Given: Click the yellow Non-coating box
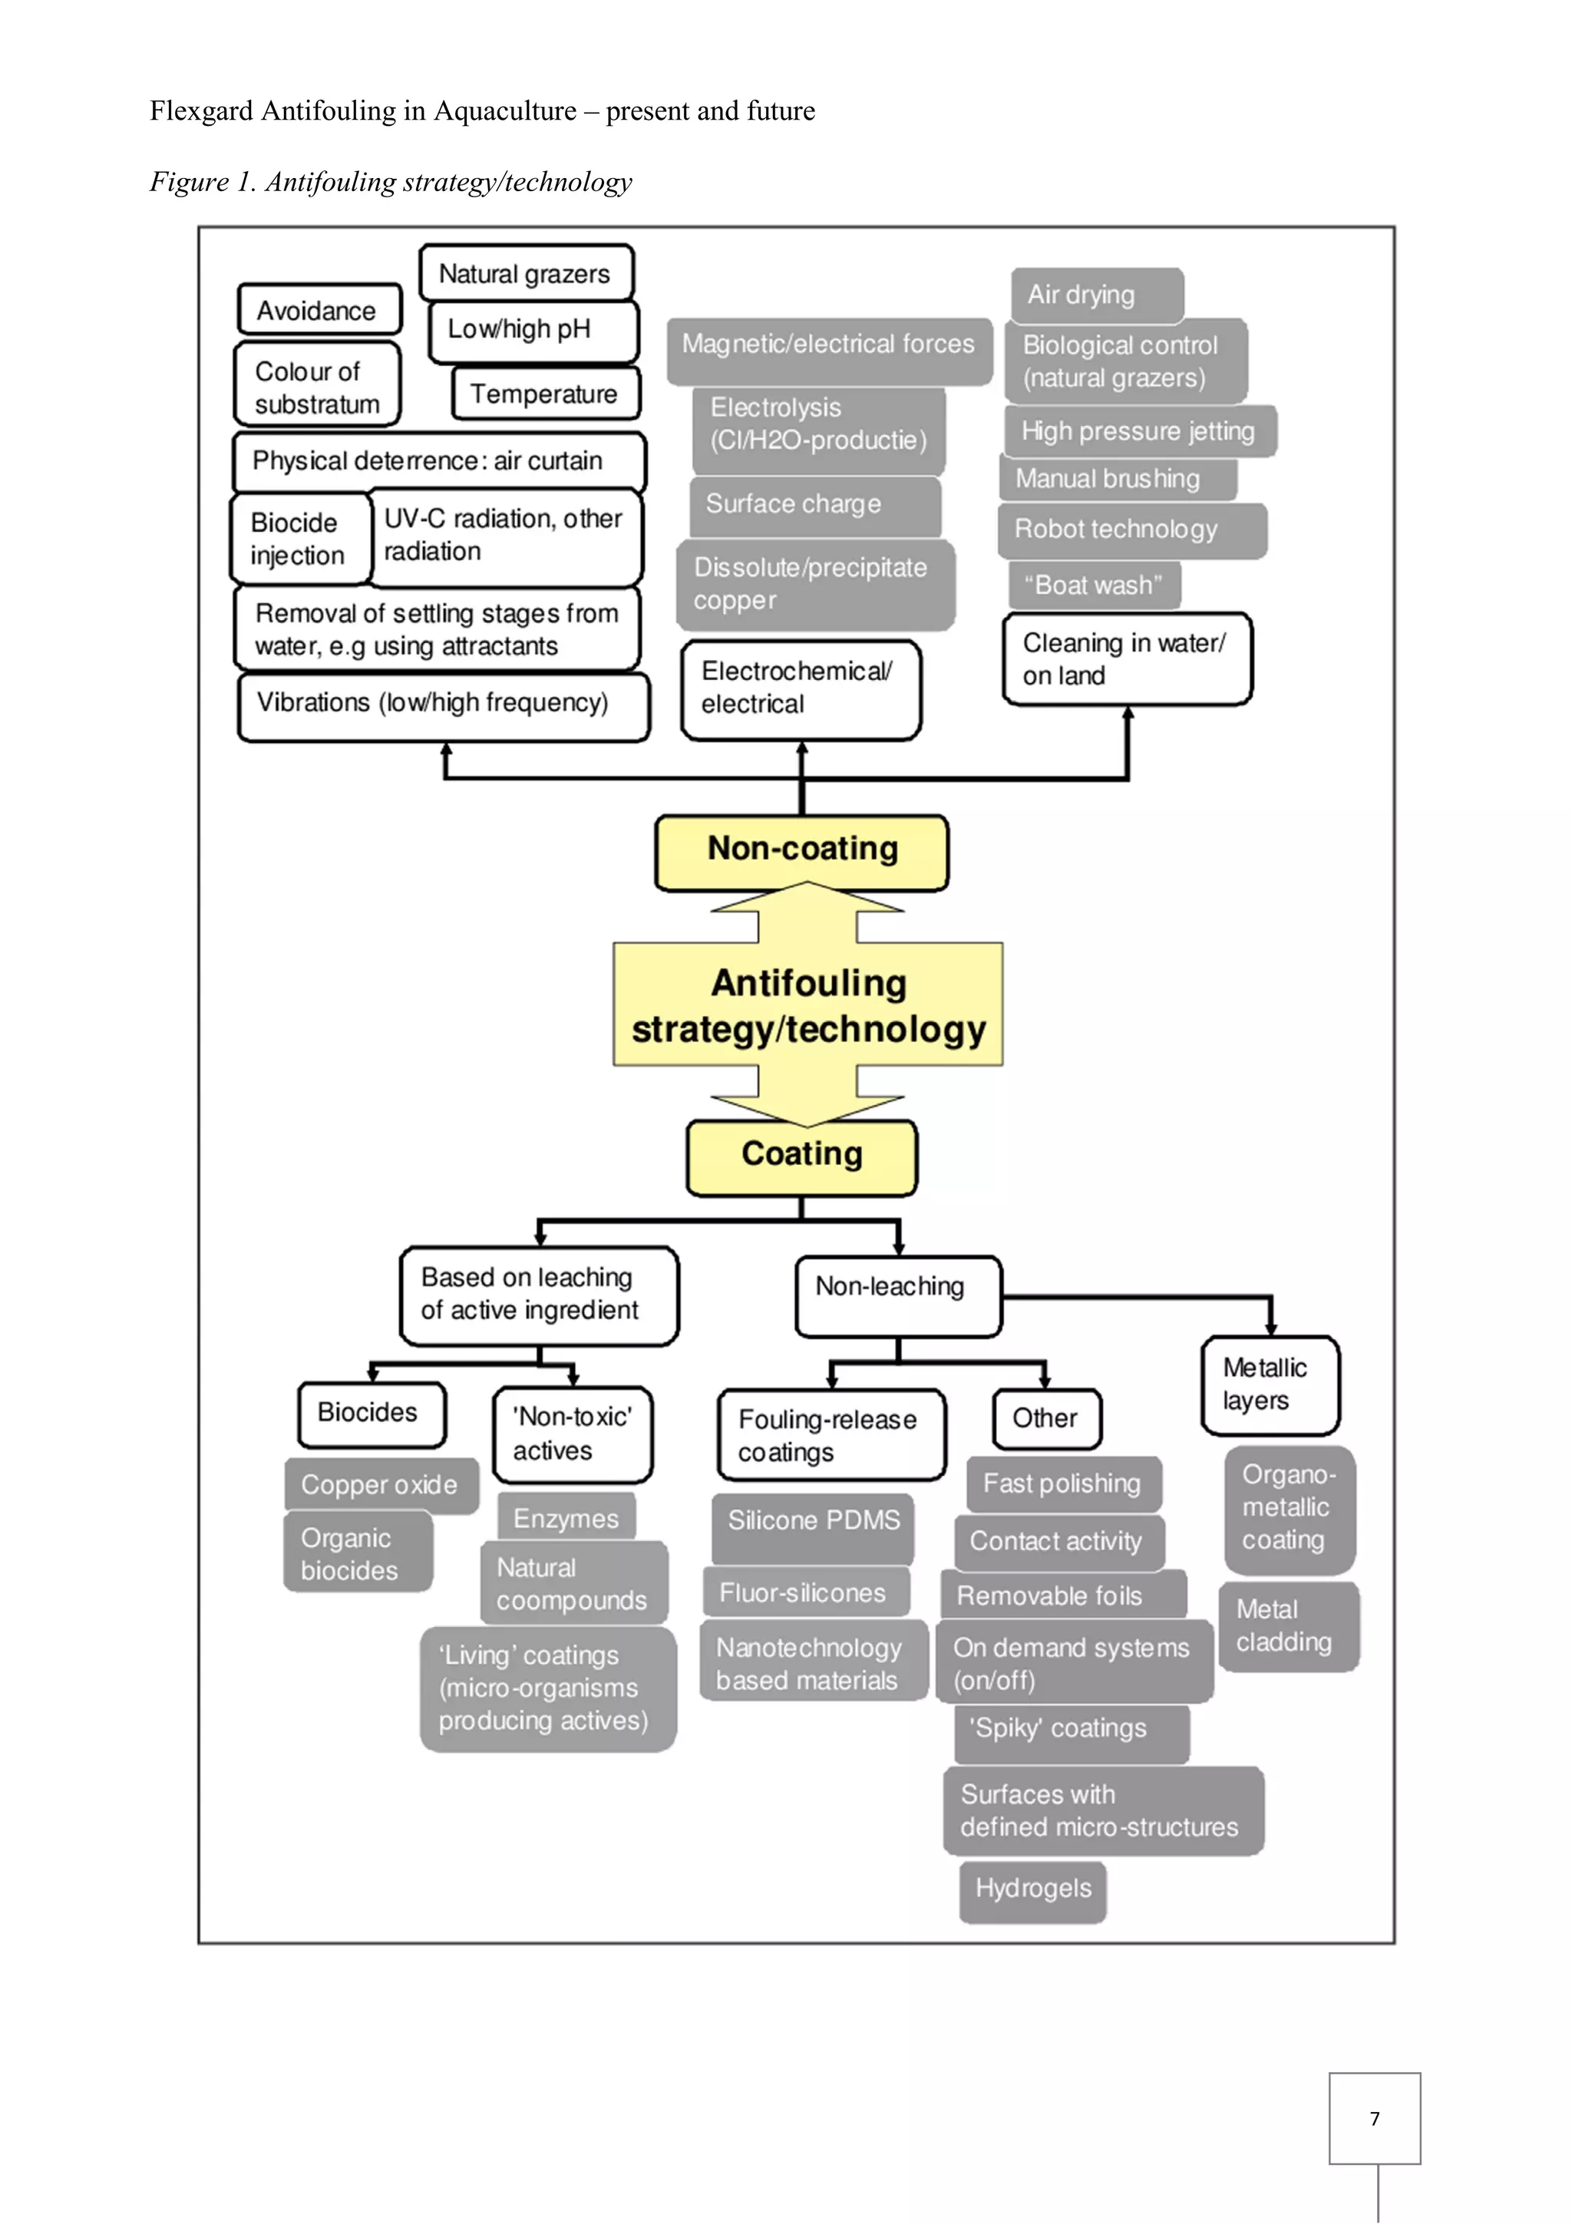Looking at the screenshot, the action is point(801,853).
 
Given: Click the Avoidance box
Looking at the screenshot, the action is point(319,310).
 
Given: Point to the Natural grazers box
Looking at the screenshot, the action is point(526,273).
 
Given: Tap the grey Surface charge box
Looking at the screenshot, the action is point(815,506).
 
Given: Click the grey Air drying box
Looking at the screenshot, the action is point(1098,295).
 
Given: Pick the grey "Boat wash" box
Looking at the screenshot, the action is point(1095,585).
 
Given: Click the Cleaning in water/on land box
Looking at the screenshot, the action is point(1128,658).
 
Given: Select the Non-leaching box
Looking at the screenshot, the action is point(898,1296).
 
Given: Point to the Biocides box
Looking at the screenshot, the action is point(372,1414).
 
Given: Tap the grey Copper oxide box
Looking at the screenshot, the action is point(381,1485).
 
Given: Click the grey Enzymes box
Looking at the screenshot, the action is point(566,1517).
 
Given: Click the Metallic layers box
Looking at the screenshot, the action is point(1270,1385).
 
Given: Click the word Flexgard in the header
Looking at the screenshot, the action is point(201,111).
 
